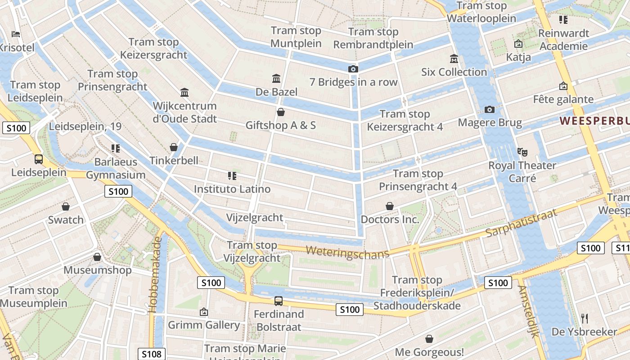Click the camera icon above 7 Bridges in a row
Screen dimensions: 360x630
pyautogui.click(x=353, y=69)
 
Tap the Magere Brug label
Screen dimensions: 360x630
pyautogui.click(x=490, y=122)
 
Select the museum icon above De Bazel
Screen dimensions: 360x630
pyautogui.click(x=276, y=79)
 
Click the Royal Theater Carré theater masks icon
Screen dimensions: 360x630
pyautogui.click(x=522, y=152)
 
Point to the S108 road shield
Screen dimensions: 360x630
pyautogui.click(x=152, y=354)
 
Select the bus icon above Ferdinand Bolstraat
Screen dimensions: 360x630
pyautogui.click(x=279, y=301)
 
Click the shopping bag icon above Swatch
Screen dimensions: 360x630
pyautogui.click(x=66, y=207)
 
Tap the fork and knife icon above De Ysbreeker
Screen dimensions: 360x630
pyautogui.click(x=585, y=319)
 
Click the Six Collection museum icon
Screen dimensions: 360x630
pyautogui.click(x=454, y=59)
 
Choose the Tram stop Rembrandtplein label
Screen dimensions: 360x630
pyautogui.click(x=373, y=38)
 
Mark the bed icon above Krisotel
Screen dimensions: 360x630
pyautogui.click(x=16, y=34)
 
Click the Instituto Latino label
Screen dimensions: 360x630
pyautogui.click(x=232, y=189)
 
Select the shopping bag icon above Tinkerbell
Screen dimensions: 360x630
pyautogui.click(x=174, y=147)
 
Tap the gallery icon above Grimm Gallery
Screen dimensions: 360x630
pyautogui.click(x=204, y=311)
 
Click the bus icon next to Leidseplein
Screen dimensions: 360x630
pyautogui.click(x=39, y=159)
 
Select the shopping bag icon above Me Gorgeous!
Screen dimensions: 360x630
pyautogui.click(x=429, y=338)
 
